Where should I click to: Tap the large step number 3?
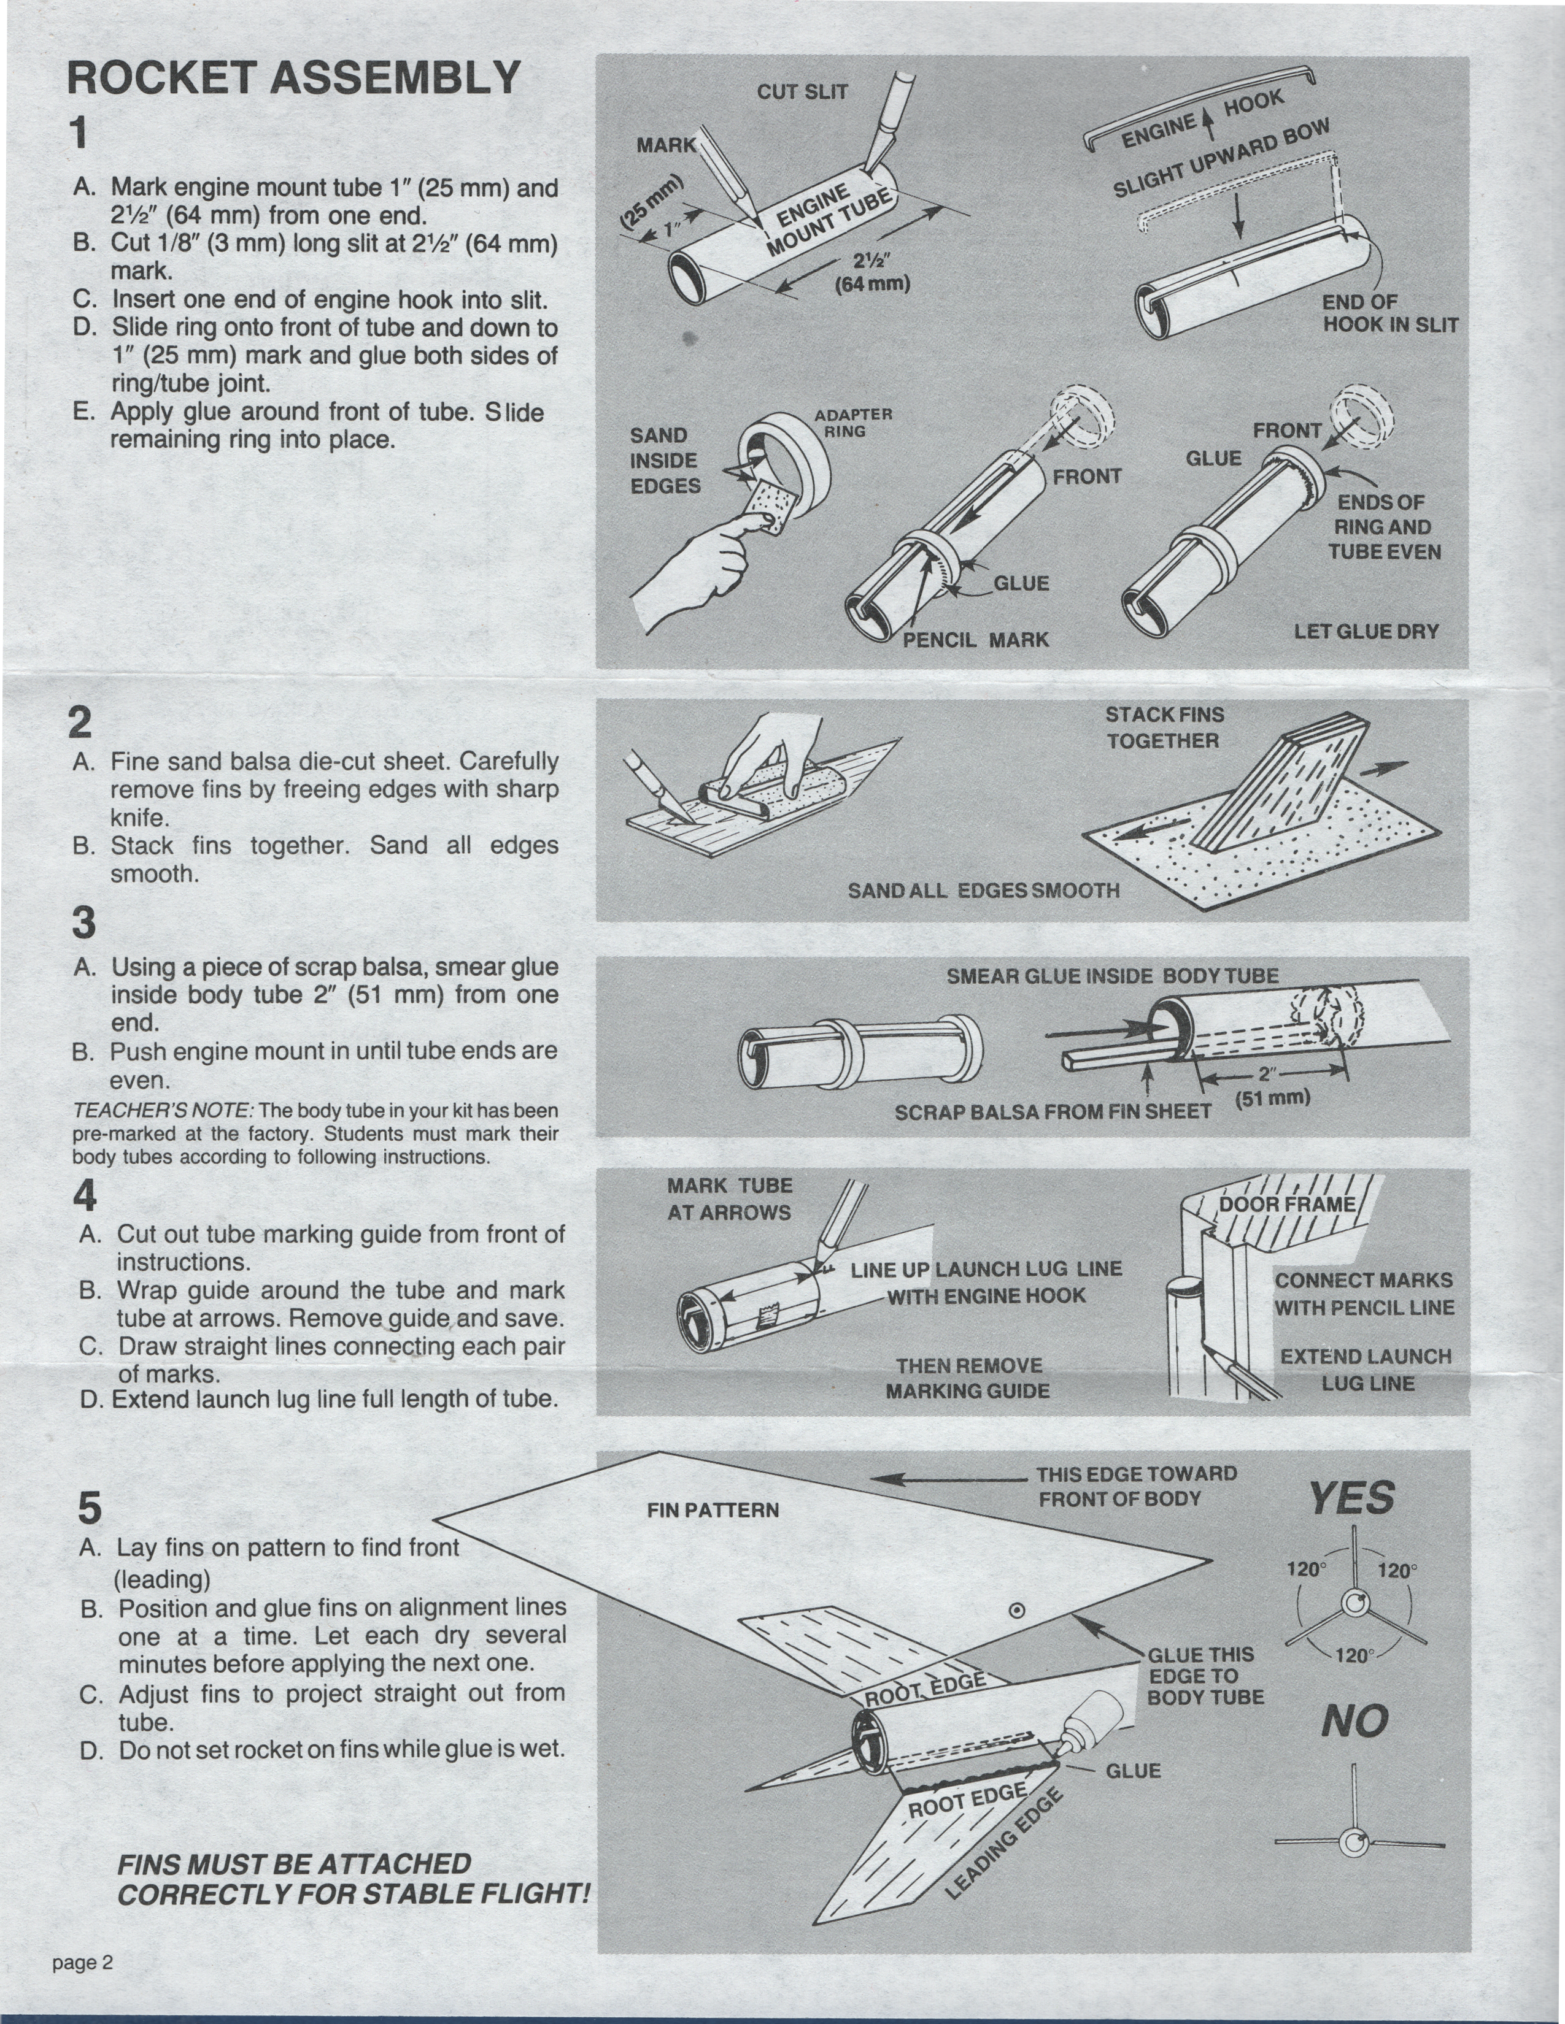[83, 923]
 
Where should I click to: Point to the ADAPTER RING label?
[853, 423]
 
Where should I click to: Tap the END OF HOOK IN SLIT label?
[1389, 313]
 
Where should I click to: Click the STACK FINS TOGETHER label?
[1164, 727]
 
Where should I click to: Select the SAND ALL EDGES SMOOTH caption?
[984, 891]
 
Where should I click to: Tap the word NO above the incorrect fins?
[1354, 1721]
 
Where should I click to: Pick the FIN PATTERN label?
[712, 1509]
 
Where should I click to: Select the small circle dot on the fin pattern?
[1016, 1611]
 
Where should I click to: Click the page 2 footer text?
[82, 1962]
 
